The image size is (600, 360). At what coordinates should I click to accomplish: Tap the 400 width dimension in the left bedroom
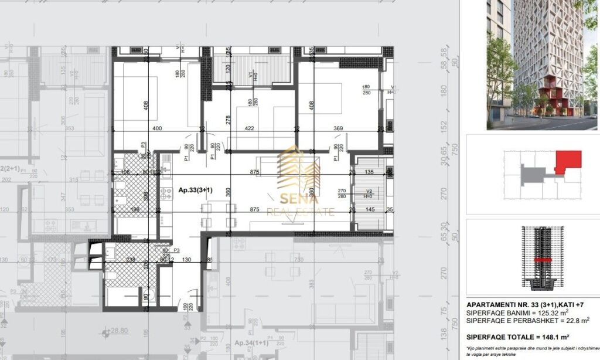pos(156,128)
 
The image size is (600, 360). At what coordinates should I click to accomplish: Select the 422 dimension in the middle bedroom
pos(249,128)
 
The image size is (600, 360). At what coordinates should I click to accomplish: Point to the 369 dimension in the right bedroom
pos(337,128)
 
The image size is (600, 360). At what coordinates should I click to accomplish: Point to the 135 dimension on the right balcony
pos(369,173)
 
